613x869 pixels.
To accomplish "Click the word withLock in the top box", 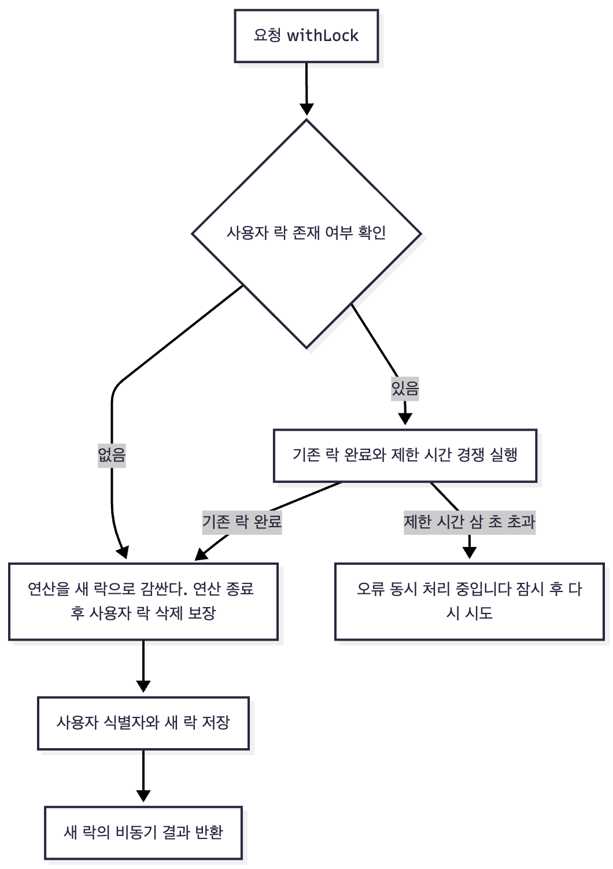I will pos(323,36).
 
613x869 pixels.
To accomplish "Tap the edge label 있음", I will pos(405,388).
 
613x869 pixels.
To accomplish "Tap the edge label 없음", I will pos(112,455).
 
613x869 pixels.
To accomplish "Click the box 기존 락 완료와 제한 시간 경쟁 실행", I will pos(405,455).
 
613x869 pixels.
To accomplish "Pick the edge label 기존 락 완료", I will pos(242,522).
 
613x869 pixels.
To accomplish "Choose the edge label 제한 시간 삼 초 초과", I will pos(469,522).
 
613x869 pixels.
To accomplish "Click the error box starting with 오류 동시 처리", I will pos(469,601).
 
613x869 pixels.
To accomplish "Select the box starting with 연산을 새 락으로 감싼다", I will pos(143,601).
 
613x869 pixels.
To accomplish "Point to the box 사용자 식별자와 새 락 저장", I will pos(143,723).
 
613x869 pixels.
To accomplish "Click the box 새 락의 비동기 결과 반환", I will pos(143,833).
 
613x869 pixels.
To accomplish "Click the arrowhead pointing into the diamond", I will pos(306,110).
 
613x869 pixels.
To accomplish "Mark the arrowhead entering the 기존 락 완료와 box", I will pos(405,419).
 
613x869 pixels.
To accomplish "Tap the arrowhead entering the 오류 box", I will pos(469,553).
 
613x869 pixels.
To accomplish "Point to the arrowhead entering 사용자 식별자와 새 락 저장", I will pos(143,686).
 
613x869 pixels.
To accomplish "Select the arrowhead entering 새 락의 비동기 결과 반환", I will pos(143,796).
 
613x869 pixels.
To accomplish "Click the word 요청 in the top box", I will pos(267,36).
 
